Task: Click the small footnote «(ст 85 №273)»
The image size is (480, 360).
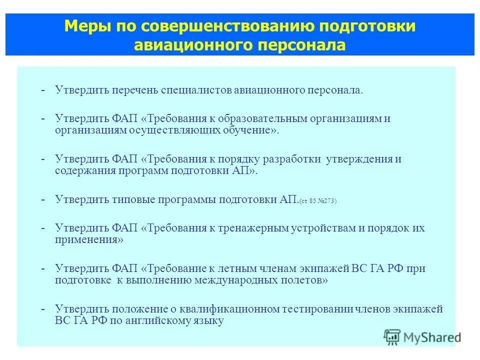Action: point(318,201)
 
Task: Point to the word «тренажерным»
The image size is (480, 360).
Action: point(252,228)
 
